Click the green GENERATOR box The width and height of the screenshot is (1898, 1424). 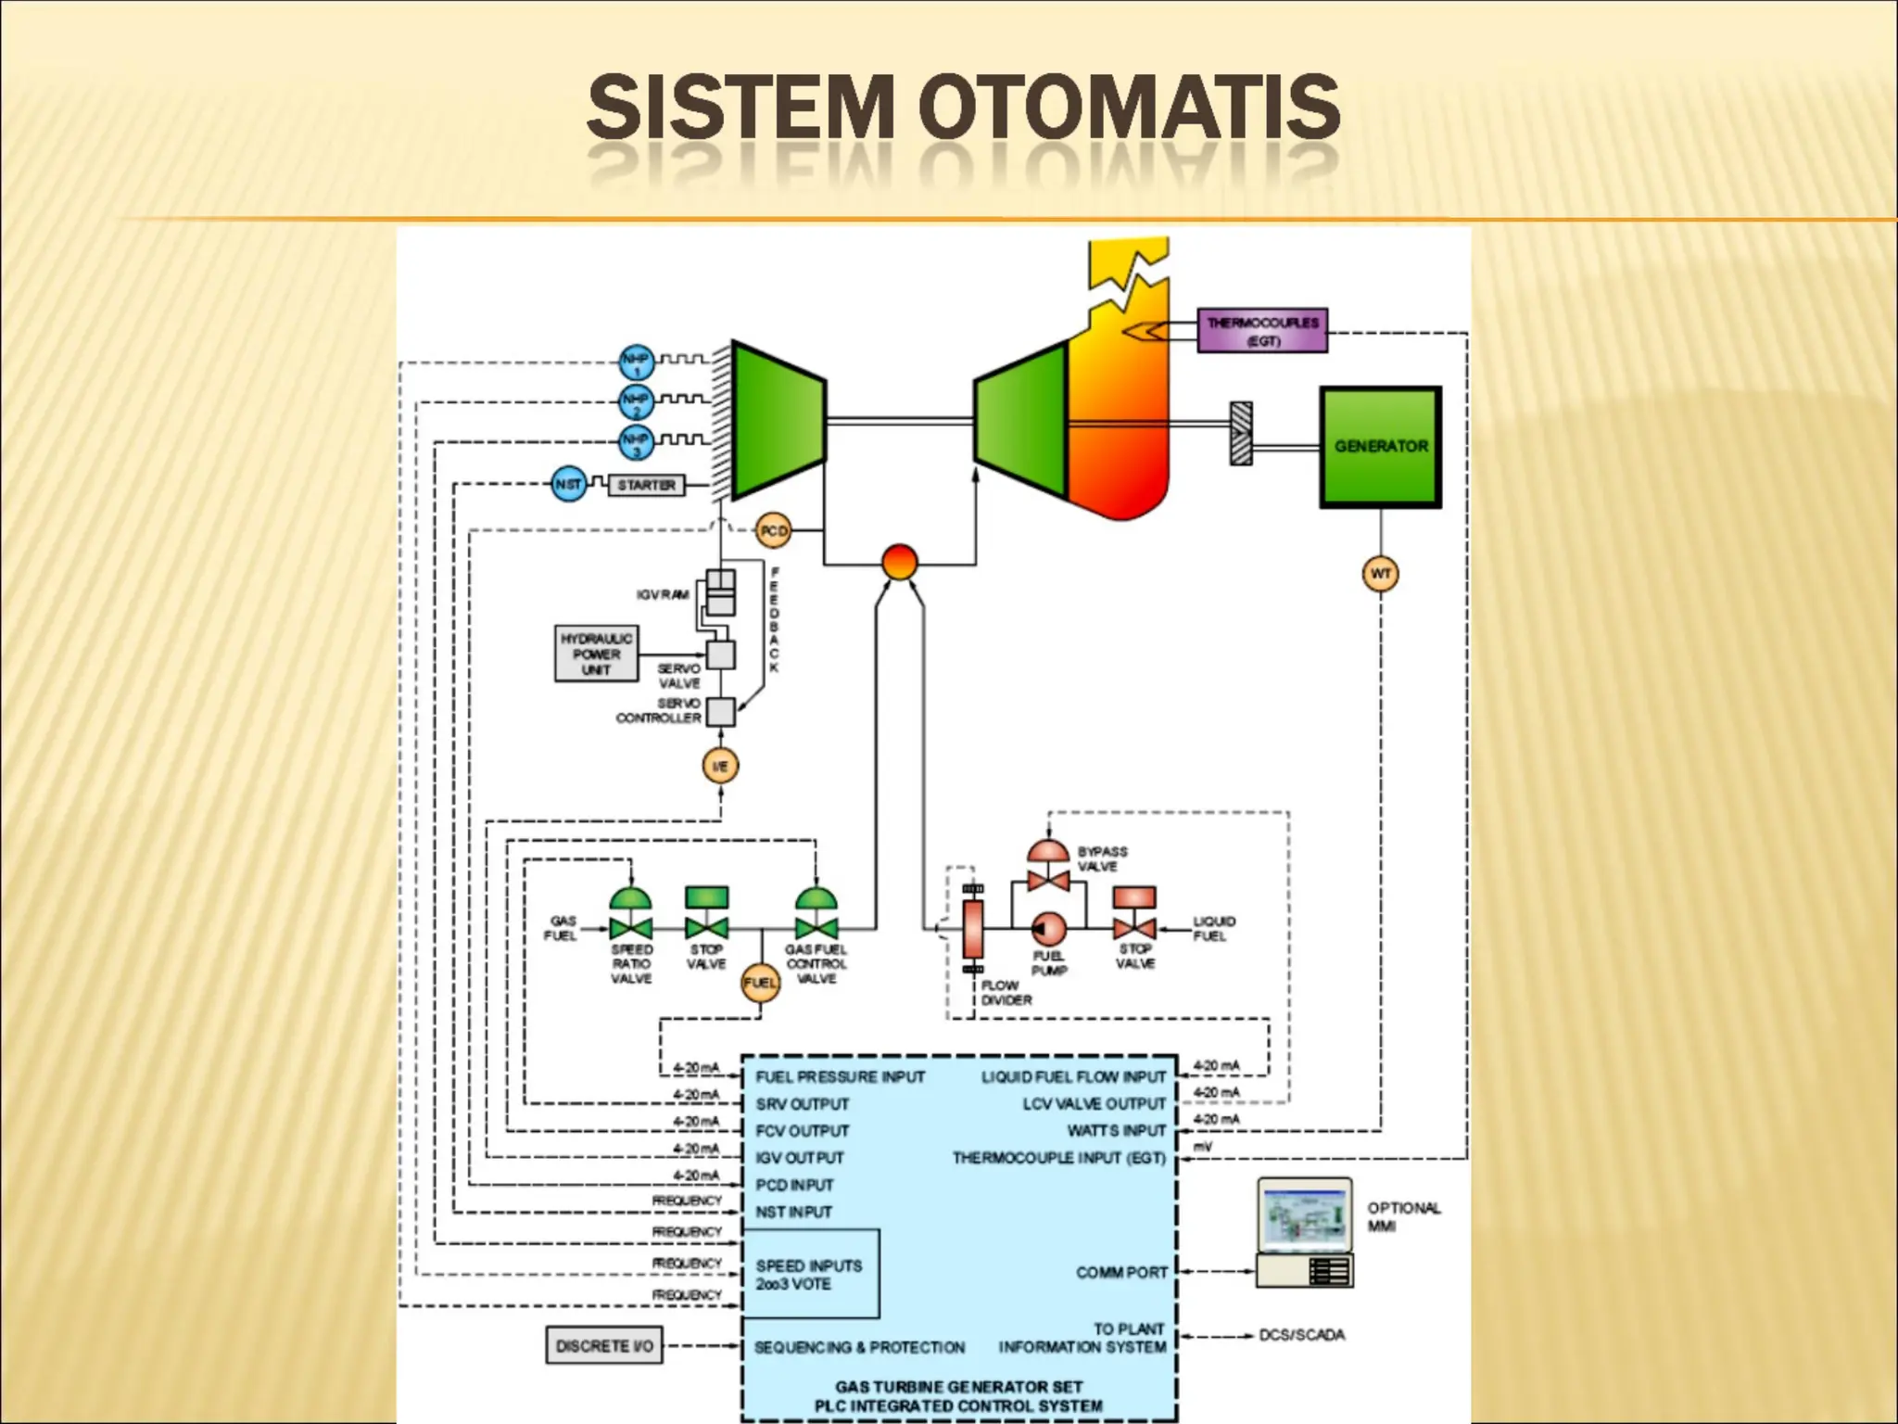point(1380,447)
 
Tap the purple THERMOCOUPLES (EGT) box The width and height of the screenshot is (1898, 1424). point(1261,331)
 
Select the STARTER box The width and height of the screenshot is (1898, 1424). point(646,485)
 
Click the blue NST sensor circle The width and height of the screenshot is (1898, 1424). point(568,484)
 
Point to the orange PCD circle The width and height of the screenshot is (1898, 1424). point(773,531)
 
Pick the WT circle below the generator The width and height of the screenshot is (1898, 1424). point(1380,574)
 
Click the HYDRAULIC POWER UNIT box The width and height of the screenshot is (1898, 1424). point(596,654)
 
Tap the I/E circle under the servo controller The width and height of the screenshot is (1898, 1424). point(720,766)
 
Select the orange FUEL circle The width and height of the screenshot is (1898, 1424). point(760,983)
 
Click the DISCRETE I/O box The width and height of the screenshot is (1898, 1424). point(603,1345)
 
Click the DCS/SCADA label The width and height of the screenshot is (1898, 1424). point(1301,1335)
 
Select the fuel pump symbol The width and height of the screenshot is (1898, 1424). point(1048,927)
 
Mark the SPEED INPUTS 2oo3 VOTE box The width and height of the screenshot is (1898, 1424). point(810,1274)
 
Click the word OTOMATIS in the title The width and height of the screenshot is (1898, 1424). point(1129,108)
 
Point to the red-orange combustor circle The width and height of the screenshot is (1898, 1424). point(899,562)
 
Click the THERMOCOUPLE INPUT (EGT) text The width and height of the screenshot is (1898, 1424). point(1058,1158)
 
